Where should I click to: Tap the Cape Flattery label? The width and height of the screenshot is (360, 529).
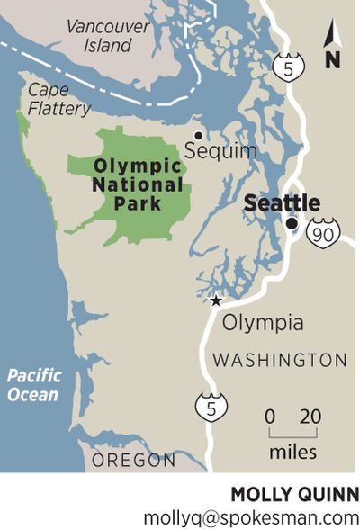click(x=59, y=99)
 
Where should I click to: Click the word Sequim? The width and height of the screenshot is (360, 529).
click(x=220, y=151)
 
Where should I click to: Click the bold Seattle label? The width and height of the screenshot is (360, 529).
click(x=283, y=203)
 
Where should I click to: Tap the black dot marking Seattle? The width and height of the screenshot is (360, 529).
click(x=292, y=224)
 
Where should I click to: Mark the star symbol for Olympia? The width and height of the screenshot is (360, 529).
click(x=215, y=301)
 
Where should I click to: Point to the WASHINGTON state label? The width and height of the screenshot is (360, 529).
click(x=279, y=360)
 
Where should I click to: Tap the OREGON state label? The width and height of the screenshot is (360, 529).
click(x=135, y=460)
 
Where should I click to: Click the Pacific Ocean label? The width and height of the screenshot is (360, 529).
click(x=33, y=385)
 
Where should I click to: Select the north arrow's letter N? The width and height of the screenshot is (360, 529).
click(x=332, y=61)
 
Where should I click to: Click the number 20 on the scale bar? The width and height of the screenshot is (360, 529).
click(x=310, y=417)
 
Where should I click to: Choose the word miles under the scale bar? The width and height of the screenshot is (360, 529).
click(x=293, y=451)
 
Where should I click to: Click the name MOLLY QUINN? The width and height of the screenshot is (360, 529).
click(x=295, y=494)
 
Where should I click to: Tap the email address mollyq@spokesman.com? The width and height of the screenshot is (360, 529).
click(x=251, y=516)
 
